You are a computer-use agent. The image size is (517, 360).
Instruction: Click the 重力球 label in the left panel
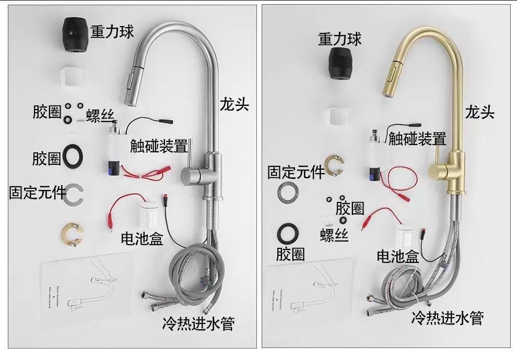[112, 32]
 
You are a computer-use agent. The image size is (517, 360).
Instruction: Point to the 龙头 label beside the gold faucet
[480, 112]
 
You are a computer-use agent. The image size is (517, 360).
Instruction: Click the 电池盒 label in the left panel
[142, 239]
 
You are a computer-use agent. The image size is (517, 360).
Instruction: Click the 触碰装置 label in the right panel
[417, 139]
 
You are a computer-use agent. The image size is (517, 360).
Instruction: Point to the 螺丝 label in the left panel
[101, 113]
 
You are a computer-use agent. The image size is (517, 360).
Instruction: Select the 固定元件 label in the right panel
[296, 173]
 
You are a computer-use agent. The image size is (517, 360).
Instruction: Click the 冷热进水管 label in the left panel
[198, 323]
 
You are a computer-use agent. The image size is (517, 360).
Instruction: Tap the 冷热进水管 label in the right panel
[448, 317]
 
